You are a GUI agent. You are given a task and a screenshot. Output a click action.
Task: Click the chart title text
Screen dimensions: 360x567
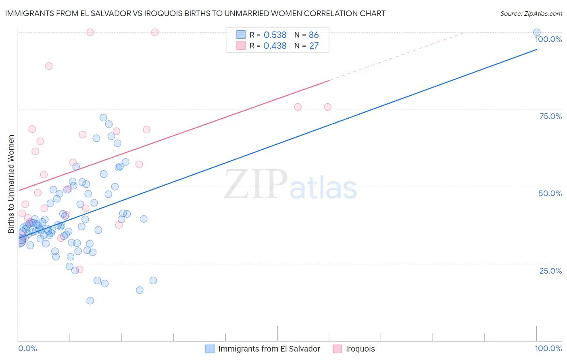tap(195, 13)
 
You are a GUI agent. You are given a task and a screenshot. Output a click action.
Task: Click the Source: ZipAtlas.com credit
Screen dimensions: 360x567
tap(531, 13)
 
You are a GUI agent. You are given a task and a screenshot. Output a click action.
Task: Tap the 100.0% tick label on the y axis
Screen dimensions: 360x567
tap(548, 39)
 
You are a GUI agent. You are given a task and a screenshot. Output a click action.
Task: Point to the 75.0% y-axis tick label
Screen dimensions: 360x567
tap(550, 116)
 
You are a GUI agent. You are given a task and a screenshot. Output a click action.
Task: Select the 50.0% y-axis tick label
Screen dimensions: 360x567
tap(550, 193)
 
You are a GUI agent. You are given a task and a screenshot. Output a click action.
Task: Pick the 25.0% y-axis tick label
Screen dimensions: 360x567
tap(550, 270)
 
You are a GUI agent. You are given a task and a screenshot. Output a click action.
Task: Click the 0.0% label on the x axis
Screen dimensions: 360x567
tap(27, 348)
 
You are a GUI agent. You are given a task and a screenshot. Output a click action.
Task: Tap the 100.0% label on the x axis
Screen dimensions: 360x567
tap(548, 348)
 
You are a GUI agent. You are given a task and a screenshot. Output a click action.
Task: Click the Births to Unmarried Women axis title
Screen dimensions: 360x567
tap(11, 184)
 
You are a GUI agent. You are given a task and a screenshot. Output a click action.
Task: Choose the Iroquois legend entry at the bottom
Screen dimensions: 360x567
tap(360, 349)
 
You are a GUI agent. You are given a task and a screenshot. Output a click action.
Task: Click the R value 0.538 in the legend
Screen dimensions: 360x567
tap(275, 35)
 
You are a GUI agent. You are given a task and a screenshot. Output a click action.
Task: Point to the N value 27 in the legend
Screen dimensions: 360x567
tap(314, 46)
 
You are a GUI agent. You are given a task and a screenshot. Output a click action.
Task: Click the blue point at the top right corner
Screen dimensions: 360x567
tap(537, 32)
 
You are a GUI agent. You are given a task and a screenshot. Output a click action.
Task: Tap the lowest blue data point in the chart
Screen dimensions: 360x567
tap(90, 301)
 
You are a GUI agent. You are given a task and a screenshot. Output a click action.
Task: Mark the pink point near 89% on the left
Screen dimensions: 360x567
tap(49, 66)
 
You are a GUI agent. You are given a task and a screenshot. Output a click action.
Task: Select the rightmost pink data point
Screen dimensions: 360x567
tap(327, 107)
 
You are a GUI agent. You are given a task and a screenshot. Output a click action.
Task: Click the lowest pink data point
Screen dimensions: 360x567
tap(80, 269)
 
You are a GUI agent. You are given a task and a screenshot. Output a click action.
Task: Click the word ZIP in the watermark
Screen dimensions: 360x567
tap(256, 184)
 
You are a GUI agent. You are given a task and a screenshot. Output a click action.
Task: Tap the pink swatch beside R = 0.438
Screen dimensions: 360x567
tap(241, 46)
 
